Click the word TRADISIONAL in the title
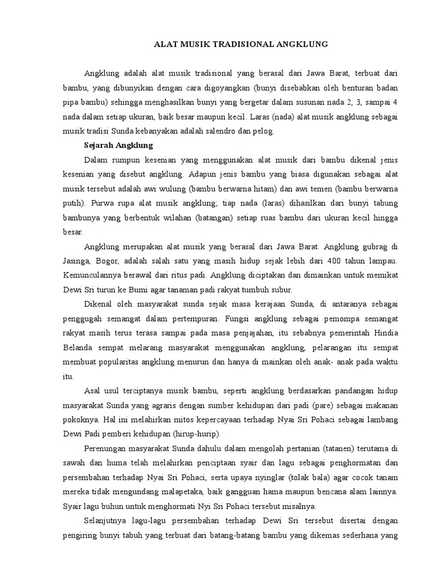[225, 44]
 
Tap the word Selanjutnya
[107, 520]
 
